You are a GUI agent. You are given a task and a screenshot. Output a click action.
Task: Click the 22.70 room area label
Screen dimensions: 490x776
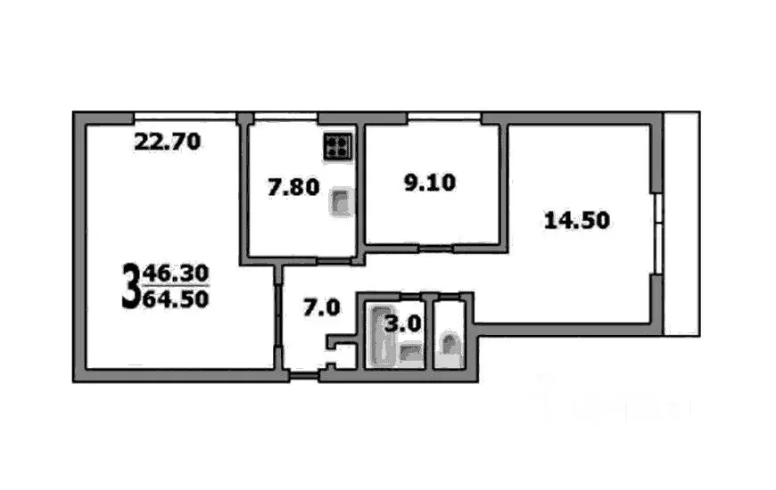click(168, 140)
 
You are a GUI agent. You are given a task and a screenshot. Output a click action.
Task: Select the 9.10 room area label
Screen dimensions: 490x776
click(429, 184)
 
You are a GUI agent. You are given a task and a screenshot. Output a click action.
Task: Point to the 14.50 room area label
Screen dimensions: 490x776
click(577, 219)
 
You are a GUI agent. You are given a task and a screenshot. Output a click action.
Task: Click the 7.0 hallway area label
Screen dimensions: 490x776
click(321, 308)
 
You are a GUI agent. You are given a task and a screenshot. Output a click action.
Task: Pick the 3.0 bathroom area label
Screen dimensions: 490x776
click(402, 323)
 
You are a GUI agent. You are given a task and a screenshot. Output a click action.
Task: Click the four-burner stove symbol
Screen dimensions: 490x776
click(338, 146)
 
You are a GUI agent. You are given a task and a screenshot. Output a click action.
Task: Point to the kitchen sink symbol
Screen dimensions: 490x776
click(341, 203)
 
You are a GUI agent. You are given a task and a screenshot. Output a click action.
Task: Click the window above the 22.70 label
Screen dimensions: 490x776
click(185, 116)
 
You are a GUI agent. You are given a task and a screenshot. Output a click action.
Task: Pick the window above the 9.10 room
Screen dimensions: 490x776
click(443, 118)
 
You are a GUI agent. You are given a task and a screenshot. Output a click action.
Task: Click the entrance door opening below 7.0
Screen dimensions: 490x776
click(304, 375)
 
